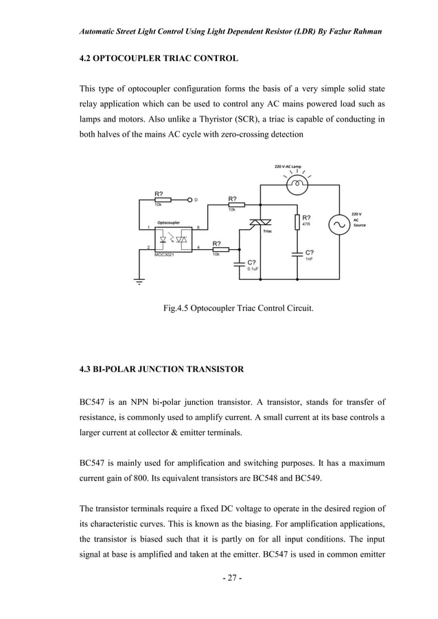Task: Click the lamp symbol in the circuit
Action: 297,183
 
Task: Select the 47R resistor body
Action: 297,222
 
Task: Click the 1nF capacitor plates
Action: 297,252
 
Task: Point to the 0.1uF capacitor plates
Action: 239,262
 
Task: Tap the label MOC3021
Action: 164,255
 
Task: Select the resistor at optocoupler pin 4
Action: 218,248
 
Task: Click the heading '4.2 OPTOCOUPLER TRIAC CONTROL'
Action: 159,59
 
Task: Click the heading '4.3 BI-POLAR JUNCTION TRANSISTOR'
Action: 161,371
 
